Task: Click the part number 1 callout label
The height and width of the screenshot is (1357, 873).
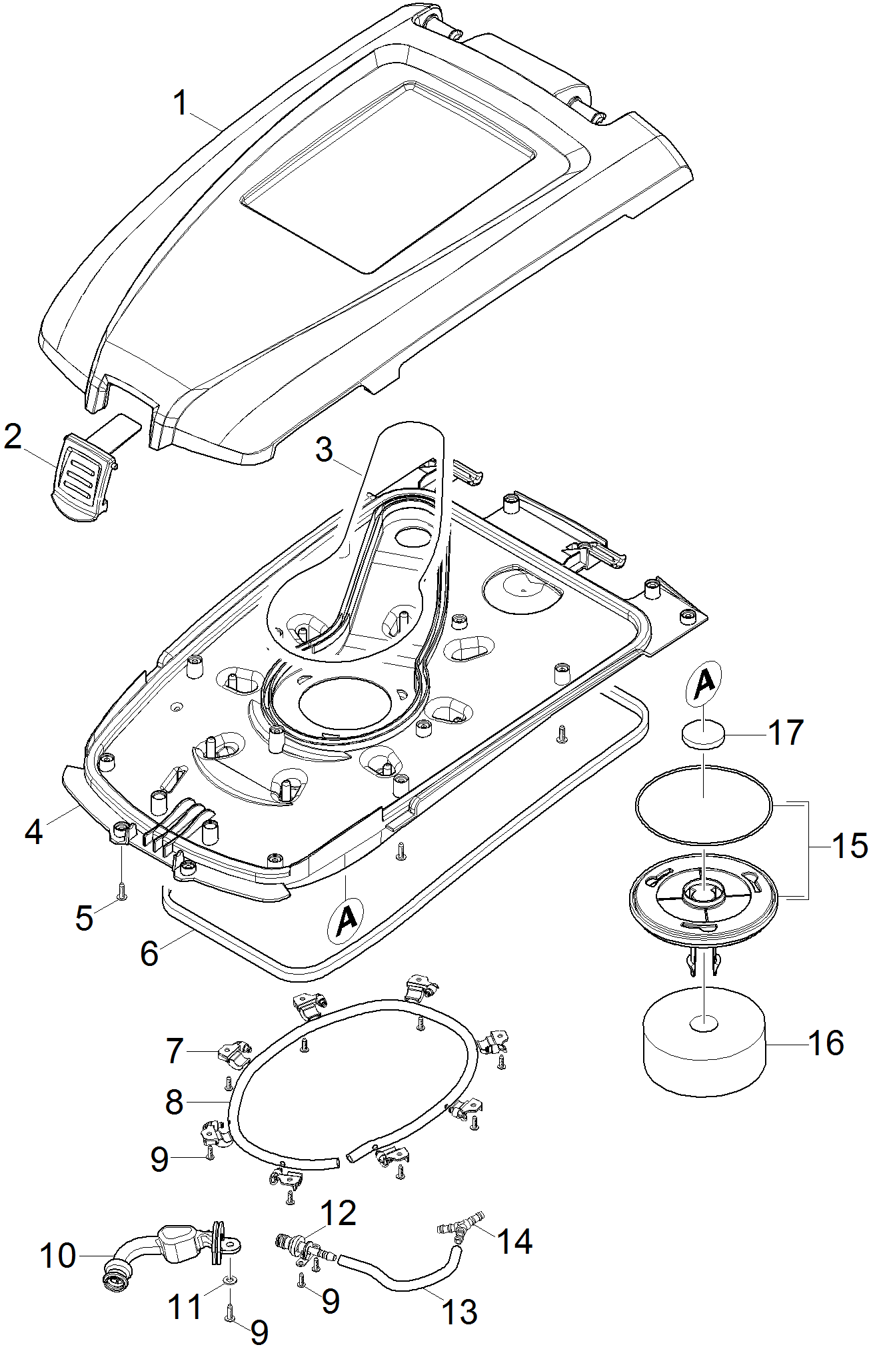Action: tap(181, 105)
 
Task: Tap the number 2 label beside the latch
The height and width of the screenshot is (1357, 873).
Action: tap(13, 437)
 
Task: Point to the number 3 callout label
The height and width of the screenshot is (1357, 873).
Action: tap(324, 450)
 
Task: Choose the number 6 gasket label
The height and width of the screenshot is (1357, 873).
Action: tap(149, 953)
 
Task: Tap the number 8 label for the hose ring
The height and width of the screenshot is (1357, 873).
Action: tap(174, 1102)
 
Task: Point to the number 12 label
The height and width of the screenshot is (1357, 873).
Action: tap(339, 1213)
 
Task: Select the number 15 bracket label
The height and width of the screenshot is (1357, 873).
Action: tap(850, 846)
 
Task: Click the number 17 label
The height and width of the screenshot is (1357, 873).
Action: tap(786, 733)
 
